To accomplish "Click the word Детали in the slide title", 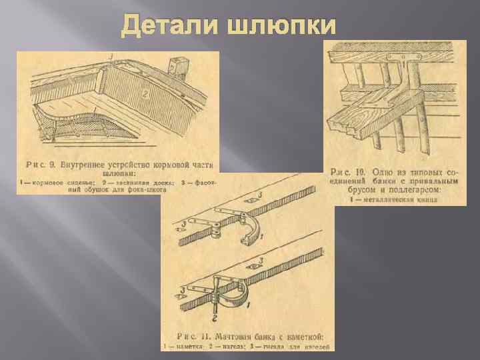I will (171, 27).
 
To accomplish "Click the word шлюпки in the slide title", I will (282, 27).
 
